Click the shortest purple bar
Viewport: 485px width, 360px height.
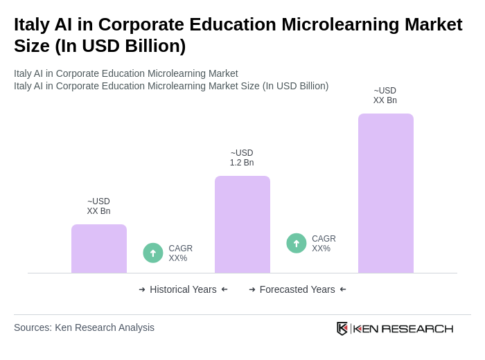pos(99,249)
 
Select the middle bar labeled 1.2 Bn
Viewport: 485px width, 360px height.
pos(242,224)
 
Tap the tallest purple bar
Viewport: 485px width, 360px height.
pos(386,193)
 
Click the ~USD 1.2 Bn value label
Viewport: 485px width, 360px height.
pos(242,158)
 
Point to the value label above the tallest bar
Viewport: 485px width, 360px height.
pos(385,96)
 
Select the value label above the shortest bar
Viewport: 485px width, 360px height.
pos(98,206)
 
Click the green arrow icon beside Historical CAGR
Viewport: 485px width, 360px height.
pos(153,253)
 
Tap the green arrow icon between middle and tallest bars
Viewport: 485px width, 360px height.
pos(297,243)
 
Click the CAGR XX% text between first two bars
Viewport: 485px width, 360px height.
pos(180,253)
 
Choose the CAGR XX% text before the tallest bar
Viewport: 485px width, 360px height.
pos(324,244)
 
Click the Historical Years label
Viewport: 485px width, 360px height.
pos(183,289)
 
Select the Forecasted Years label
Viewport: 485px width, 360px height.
pos(297,289)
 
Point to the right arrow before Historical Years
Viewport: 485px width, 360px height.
pos(142,289)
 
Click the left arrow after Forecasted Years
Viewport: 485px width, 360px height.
pos(343,289)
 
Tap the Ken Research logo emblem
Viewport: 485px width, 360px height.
pos(342,328)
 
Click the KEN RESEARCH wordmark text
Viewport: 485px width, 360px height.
pos(403,329)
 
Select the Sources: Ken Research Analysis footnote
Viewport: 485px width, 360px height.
pos(84,327)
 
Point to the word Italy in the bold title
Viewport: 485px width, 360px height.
pos(34,24)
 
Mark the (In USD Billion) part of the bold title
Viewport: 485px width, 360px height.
pos(121,46)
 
